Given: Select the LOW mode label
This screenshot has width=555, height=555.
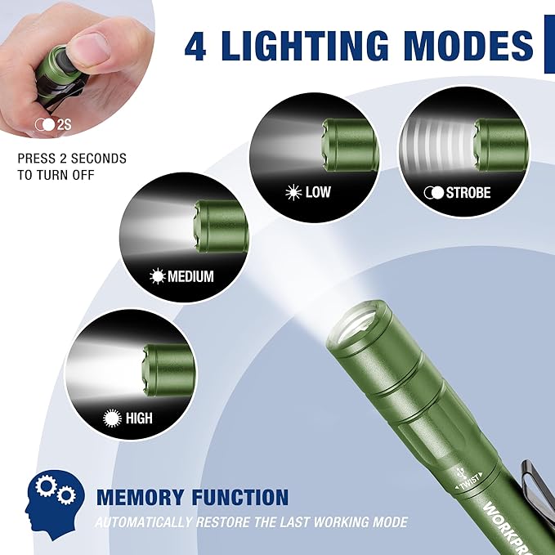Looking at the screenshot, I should point(317,193).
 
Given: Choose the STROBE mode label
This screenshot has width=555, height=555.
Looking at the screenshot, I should point(468,193).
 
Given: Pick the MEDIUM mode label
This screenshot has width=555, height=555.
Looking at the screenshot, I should point(190,276).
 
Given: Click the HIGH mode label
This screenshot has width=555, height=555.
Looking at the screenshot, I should point(139,418).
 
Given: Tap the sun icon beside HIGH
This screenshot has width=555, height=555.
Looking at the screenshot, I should point(112,418).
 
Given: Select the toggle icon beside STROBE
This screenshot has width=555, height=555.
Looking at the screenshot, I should point(432,193).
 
